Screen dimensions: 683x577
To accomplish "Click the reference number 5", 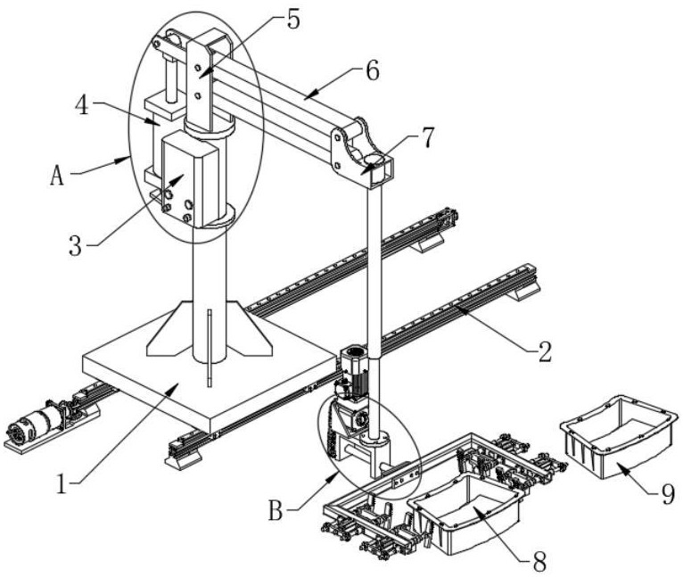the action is coord(293,20).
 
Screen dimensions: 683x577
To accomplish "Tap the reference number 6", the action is coord(373,70).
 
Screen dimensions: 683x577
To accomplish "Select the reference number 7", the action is coord(428,137).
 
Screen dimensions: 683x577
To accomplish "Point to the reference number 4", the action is coord(82,105).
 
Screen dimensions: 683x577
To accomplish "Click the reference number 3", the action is coord(76,246).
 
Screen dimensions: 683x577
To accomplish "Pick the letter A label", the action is coord(57,176).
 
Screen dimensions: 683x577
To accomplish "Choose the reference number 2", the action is coord(545,351).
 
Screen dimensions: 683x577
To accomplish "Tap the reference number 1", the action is coord(62,484).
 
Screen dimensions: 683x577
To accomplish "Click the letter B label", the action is coord(276,511).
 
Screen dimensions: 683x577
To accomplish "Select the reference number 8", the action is coord(539,562).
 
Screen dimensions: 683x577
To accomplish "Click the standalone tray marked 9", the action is coord(620,437).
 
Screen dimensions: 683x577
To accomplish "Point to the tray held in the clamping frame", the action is coord(467,515).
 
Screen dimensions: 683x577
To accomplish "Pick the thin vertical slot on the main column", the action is coord(210,348).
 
